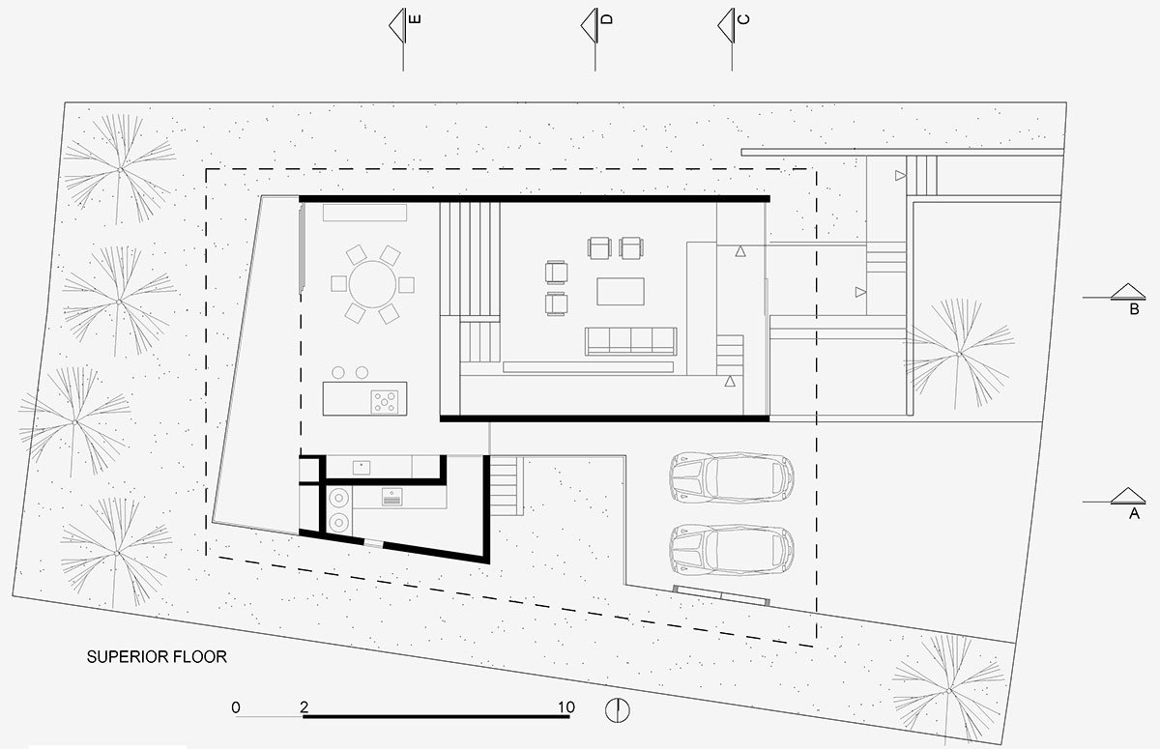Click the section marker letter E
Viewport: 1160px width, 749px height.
coord(415,19)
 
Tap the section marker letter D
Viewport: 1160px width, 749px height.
coord(607,19)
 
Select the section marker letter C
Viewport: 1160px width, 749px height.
coord(743,19)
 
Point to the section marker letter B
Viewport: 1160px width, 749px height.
coord(1134,309)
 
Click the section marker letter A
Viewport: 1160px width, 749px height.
coord(1134,513)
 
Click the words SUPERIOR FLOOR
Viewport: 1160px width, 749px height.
coord(157,657)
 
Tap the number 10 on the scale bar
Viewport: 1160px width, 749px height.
coord(566,707)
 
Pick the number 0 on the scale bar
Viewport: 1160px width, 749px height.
coord(236,707)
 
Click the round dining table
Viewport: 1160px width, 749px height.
coord(372,284)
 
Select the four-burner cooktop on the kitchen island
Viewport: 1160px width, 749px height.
coord(385,402)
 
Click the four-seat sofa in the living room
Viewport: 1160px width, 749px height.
coord(630,341)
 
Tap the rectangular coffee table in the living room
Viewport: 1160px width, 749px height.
coord(621,292)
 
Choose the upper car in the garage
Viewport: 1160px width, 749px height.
coord(732,477)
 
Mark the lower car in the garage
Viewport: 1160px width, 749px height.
coord(732,550)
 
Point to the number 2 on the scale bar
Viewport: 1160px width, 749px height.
coord(304,707)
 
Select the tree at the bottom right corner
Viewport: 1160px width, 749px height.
coord(948,690)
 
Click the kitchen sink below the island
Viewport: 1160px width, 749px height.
coord(362,468)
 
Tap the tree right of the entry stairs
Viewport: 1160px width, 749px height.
coord(959,354)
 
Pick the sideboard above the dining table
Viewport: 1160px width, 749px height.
coord(364,213)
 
